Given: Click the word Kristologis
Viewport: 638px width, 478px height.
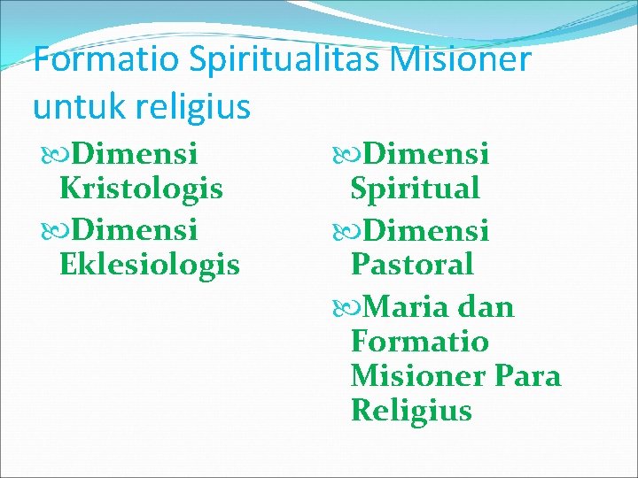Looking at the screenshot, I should point(141,189).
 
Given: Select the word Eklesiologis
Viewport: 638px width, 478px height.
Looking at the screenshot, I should point(150,264).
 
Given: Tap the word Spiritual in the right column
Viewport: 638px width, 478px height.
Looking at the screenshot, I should point(416,189).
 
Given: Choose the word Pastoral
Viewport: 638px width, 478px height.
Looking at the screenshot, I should point(412,264).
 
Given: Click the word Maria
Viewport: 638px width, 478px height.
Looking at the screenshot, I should point(406,307).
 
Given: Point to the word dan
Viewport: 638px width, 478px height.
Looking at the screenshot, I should point(486,307).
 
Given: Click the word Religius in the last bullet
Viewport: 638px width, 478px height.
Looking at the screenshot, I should point(411,411).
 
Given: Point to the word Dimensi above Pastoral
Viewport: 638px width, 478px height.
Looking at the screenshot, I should point(425,230).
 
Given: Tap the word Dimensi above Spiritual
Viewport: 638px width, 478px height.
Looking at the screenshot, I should point(425,154).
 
